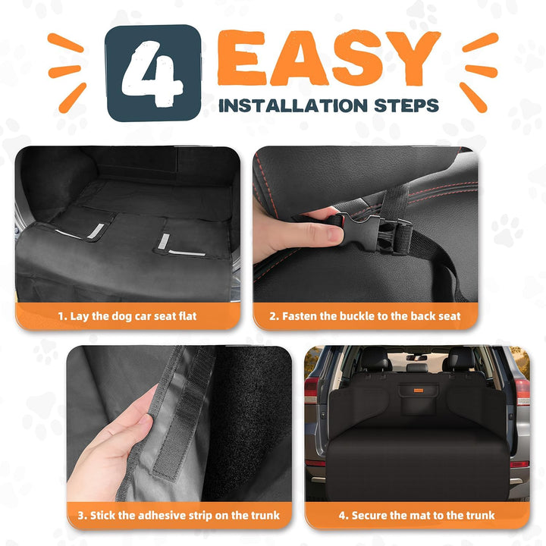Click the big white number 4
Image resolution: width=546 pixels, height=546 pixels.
[152, 74]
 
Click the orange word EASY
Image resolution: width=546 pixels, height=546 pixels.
[328, 58]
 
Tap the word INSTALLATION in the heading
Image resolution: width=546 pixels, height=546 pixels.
[293, 105]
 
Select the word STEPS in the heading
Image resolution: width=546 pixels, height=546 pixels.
[406, 105]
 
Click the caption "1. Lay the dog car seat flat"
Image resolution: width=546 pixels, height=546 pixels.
[127, 316]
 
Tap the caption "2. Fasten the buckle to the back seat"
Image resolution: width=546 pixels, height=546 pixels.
[365, 316]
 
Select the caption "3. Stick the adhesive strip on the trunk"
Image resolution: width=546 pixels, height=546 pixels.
[179, 516]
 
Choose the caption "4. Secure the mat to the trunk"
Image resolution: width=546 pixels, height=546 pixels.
[416, 516]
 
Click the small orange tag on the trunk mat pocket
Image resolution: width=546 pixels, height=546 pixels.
[419, 391]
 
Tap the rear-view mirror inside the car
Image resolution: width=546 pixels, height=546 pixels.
[416, 358]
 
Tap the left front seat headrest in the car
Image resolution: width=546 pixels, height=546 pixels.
[375, 359]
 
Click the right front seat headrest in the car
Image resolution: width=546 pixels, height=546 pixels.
[461, 359]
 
